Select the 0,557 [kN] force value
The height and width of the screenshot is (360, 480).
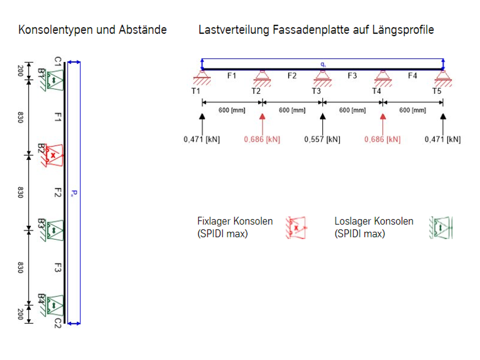(x=322, y=139)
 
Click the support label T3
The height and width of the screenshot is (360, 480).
(x=316, y=91)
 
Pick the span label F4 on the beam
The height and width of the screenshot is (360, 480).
(x=412, y=76)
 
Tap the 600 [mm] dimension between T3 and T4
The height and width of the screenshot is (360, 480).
(x=352, y=110)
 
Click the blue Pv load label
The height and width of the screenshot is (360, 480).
(x=74, y=193)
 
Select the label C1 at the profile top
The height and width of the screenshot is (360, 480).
(x=57, y=61)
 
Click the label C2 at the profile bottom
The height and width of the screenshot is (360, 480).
(x=57, y=323)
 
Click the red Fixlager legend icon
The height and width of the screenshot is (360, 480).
(x=296, y=228)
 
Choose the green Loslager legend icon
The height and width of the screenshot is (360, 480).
(x=441, y=228)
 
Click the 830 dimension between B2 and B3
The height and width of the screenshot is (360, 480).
(x=21, y=192)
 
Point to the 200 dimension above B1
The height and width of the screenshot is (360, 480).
(x=21, y=70)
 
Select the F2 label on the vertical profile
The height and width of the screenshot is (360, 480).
(x=57, y=192)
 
